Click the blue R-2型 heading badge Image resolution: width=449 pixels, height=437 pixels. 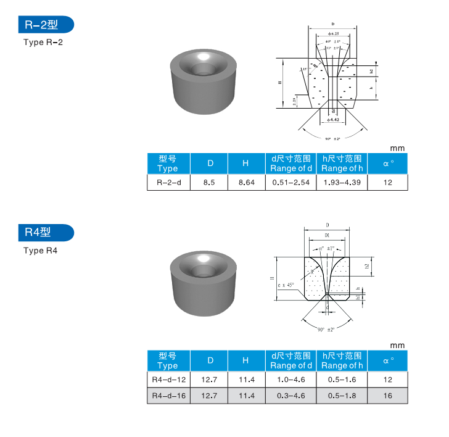(x=46, y=25)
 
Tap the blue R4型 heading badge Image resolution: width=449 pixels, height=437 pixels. (x=46, y=233)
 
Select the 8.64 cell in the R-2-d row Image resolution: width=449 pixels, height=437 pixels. (x=246, y=183)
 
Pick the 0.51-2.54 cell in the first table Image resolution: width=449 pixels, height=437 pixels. (x=290, y=183)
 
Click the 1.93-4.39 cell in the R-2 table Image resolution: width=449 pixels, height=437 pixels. (x=342, y=183)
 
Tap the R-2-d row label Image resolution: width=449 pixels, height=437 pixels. (x=168, y=183)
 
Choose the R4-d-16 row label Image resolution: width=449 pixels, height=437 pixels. (x=168, y=395)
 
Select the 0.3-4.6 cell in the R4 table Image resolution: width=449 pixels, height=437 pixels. (x=290, y=395)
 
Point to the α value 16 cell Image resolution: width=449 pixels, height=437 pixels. (x=387, y=395)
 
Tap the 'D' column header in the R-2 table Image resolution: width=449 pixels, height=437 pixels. (x=210, y=164)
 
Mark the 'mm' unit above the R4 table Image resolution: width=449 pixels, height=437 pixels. (x=398, y=346)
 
